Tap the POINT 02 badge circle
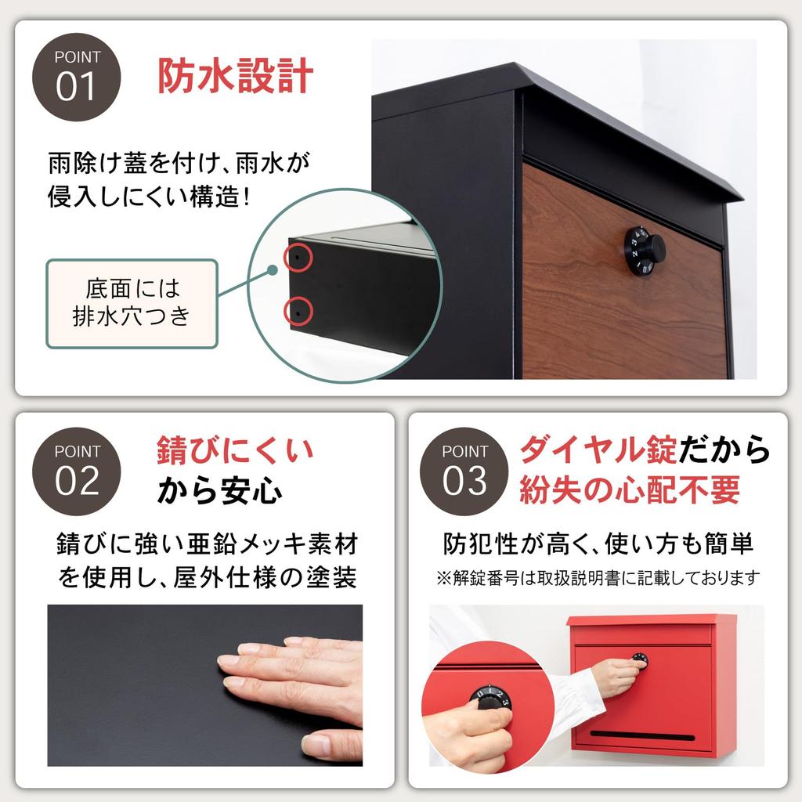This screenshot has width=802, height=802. [77, 470]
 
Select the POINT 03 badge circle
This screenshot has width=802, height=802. [464, 470]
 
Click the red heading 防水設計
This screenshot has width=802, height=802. [236, 77]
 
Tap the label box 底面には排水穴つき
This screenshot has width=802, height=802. [132, 304]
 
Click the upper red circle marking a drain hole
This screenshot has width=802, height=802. [298, 256]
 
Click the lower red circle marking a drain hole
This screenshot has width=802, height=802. [298, 311]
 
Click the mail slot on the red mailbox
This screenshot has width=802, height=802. [641, 735]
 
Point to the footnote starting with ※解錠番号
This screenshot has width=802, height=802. [598, 579]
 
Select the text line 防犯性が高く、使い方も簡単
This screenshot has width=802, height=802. [598, 544]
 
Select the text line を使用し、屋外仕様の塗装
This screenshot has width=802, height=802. [208, 579]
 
